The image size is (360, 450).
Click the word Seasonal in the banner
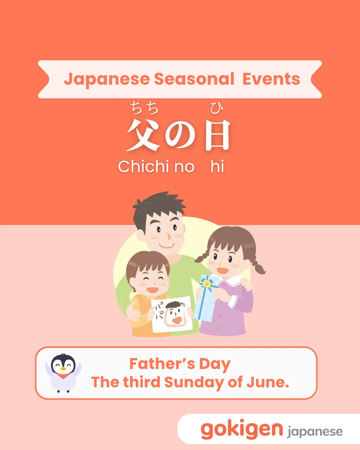click(x=194, y=79)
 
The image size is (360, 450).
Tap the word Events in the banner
click(x=271, y=79)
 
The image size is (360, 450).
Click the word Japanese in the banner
click(x=107, y=79)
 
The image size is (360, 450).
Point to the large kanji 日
click(x=218, y=135)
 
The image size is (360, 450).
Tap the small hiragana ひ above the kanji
click(x=217, y=108)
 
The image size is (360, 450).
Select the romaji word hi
click(x=217, y=166)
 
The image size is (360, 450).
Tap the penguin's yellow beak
click(x=63, y=368)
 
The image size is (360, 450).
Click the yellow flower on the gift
click(x=207, y=284)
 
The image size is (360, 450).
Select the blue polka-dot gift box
click(x=206, y=298)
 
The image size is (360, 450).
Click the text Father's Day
click(x=180, y=364)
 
